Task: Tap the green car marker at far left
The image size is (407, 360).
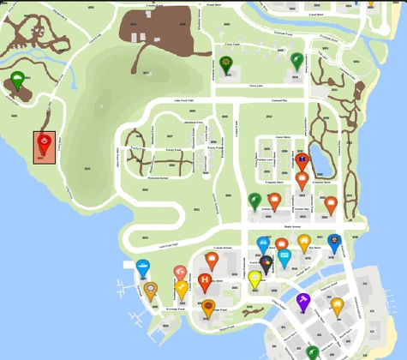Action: pyautogui.click(x=18, y=81)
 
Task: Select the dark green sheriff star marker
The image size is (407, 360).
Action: pyautogui.click(x=226, y=63)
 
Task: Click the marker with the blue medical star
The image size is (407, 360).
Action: pyautogui.click(x=301, y=160)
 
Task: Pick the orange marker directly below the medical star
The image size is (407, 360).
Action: pyautogui.click(x=302, y=180)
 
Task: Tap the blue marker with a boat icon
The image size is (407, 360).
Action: pyautogui.click(x=143, y=268)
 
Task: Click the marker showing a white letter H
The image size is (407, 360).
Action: pyautogui.click(x=205, y=281)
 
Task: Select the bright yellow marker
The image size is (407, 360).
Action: pyautogui.click(x=254, y=279)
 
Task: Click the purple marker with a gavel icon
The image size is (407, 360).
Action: pyautogui.click(x=302, y=301)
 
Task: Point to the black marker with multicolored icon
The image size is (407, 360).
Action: pyautogui.click(x=266, y=262)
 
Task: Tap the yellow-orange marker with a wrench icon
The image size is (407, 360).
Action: pyautogui.click(x=182, y=289)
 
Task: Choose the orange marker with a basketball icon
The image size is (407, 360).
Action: pyautogui.click(x=207, y=307)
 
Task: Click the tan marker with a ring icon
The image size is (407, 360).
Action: pyautogui.click(x=152, y=291)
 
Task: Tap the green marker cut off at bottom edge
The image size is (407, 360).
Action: pyautogui.click(x=313, y=352)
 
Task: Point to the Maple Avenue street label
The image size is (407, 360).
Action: pyautogui.click(x=292, y=227)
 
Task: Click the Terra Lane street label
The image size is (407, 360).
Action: pyautogui.click(x=255, y=86)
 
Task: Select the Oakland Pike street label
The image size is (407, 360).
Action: pyautogui.click(x=278, y=100)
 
